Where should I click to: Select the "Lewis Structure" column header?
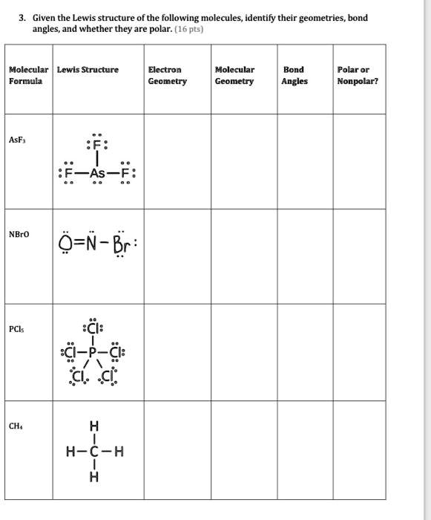pyautogui.click(x=88, y=70)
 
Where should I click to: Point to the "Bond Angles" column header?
pyautogui.click(x=295, y=75)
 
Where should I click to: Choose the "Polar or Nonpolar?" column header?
pyautogui.click(x=358, y=75)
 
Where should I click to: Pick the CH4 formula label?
pyautogui.click(x=16, y=426)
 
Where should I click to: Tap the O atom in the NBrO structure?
pyautogui.click(x=66, y=244)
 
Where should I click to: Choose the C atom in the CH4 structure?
pyautogui.click(x=93, y=451)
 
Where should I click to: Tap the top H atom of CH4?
pyautogui.click(x=93, y=426)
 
